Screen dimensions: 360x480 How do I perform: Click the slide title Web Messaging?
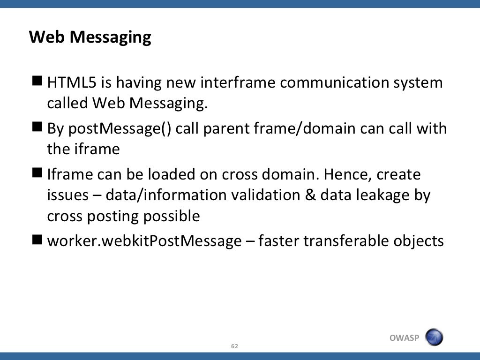coord(90,37)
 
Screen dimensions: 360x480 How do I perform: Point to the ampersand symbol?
coord(310,195)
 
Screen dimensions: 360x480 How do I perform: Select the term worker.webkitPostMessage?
coord(144,241)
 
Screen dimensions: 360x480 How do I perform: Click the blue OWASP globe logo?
coord(434,337)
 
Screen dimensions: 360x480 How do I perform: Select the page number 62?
coord(235,346)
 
